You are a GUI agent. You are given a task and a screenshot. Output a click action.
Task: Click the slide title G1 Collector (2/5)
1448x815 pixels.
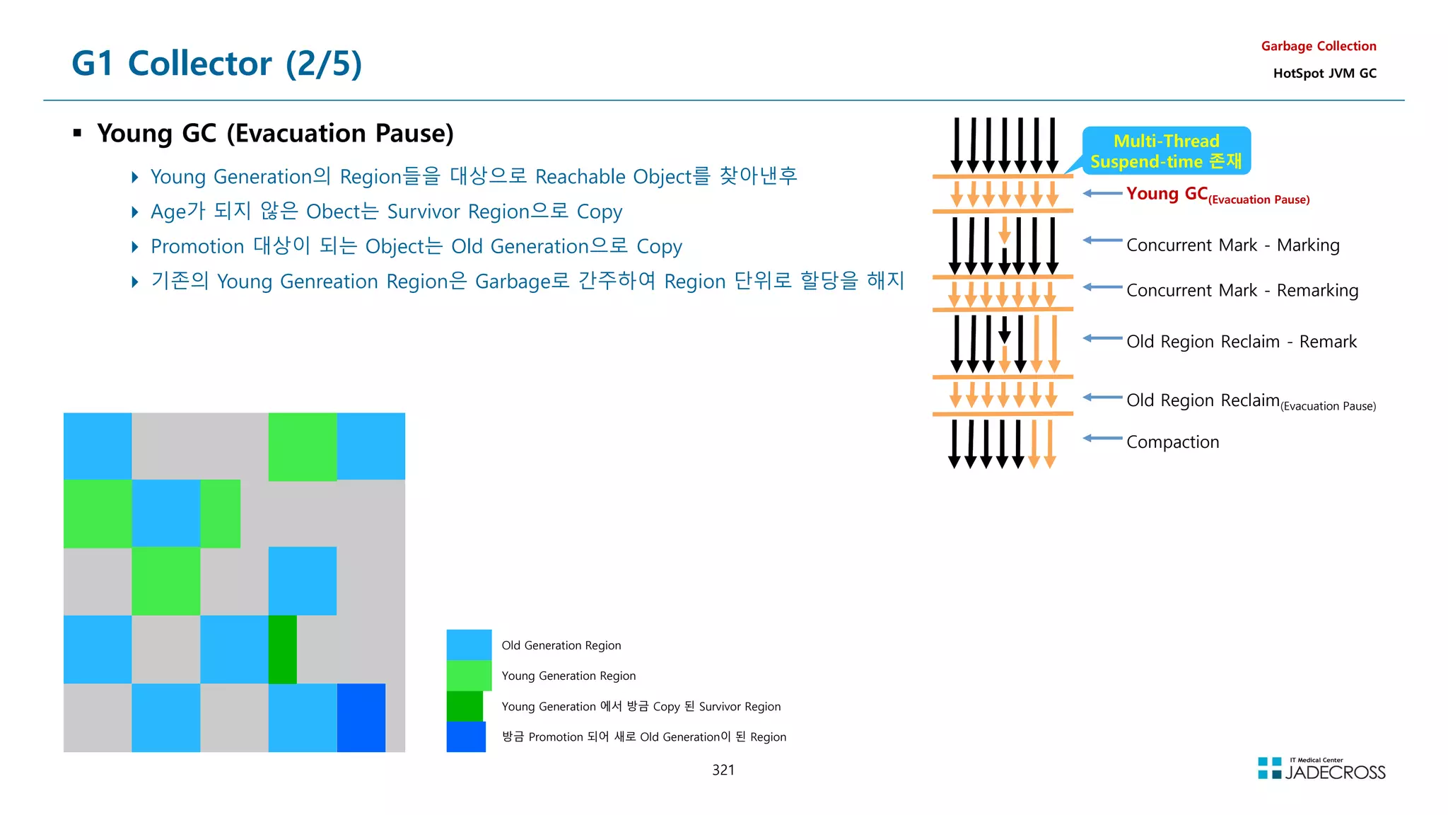point(216,64)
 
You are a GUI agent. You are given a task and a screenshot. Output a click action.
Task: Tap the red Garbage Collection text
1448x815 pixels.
point(1318,46)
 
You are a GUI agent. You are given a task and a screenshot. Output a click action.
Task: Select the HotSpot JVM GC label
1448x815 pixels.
point(1324,73)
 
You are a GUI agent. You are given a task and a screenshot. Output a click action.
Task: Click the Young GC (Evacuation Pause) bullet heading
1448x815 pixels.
point(275,133)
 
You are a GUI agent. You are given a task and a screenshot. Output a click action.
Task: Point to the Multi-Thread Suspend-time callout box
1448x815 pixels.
point(1166,151)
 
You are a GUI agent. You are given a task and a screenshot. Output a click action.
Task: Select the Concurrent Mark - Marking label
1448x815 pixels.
point(1232,245)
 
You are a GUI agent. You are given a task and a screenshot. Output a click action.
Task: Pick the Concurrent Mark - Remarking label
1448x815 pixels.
point(1242,290)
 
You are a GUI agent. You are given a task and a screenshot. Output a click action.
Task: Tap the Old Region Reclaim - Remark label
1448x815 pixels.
point(1241,342)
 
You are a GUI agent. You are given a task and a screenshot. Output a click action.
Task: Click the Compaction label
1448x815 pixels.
point(1172,442)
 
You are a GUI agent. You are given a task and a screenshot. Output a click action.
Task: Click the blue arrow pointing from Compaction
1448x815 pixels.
point(1102,439)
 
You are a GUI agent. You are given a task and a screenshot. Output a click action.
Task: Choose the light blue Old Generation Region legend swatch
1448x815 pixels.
point(469,645)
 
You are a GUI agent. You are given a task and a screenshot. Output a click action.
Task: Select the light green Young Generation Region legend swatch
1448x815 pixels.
point(469,675)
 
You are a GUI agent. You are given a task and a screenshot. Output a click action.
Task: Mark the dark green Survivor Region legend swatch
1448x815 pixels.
point(465,706)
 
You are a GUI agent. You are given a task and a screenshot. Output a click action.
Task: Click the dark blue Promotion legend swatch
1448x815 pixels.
point(466,736)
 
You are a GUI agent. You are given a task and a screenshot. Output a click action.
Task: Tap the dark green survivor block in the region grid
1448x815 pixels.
point(283,649)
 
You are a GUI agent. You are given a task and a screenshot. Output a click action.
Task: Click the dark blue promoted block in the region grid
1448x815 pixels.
point(361,717)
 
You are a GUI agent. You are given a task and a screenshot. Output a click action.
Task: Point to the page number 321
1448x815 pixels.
point(723,770)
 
